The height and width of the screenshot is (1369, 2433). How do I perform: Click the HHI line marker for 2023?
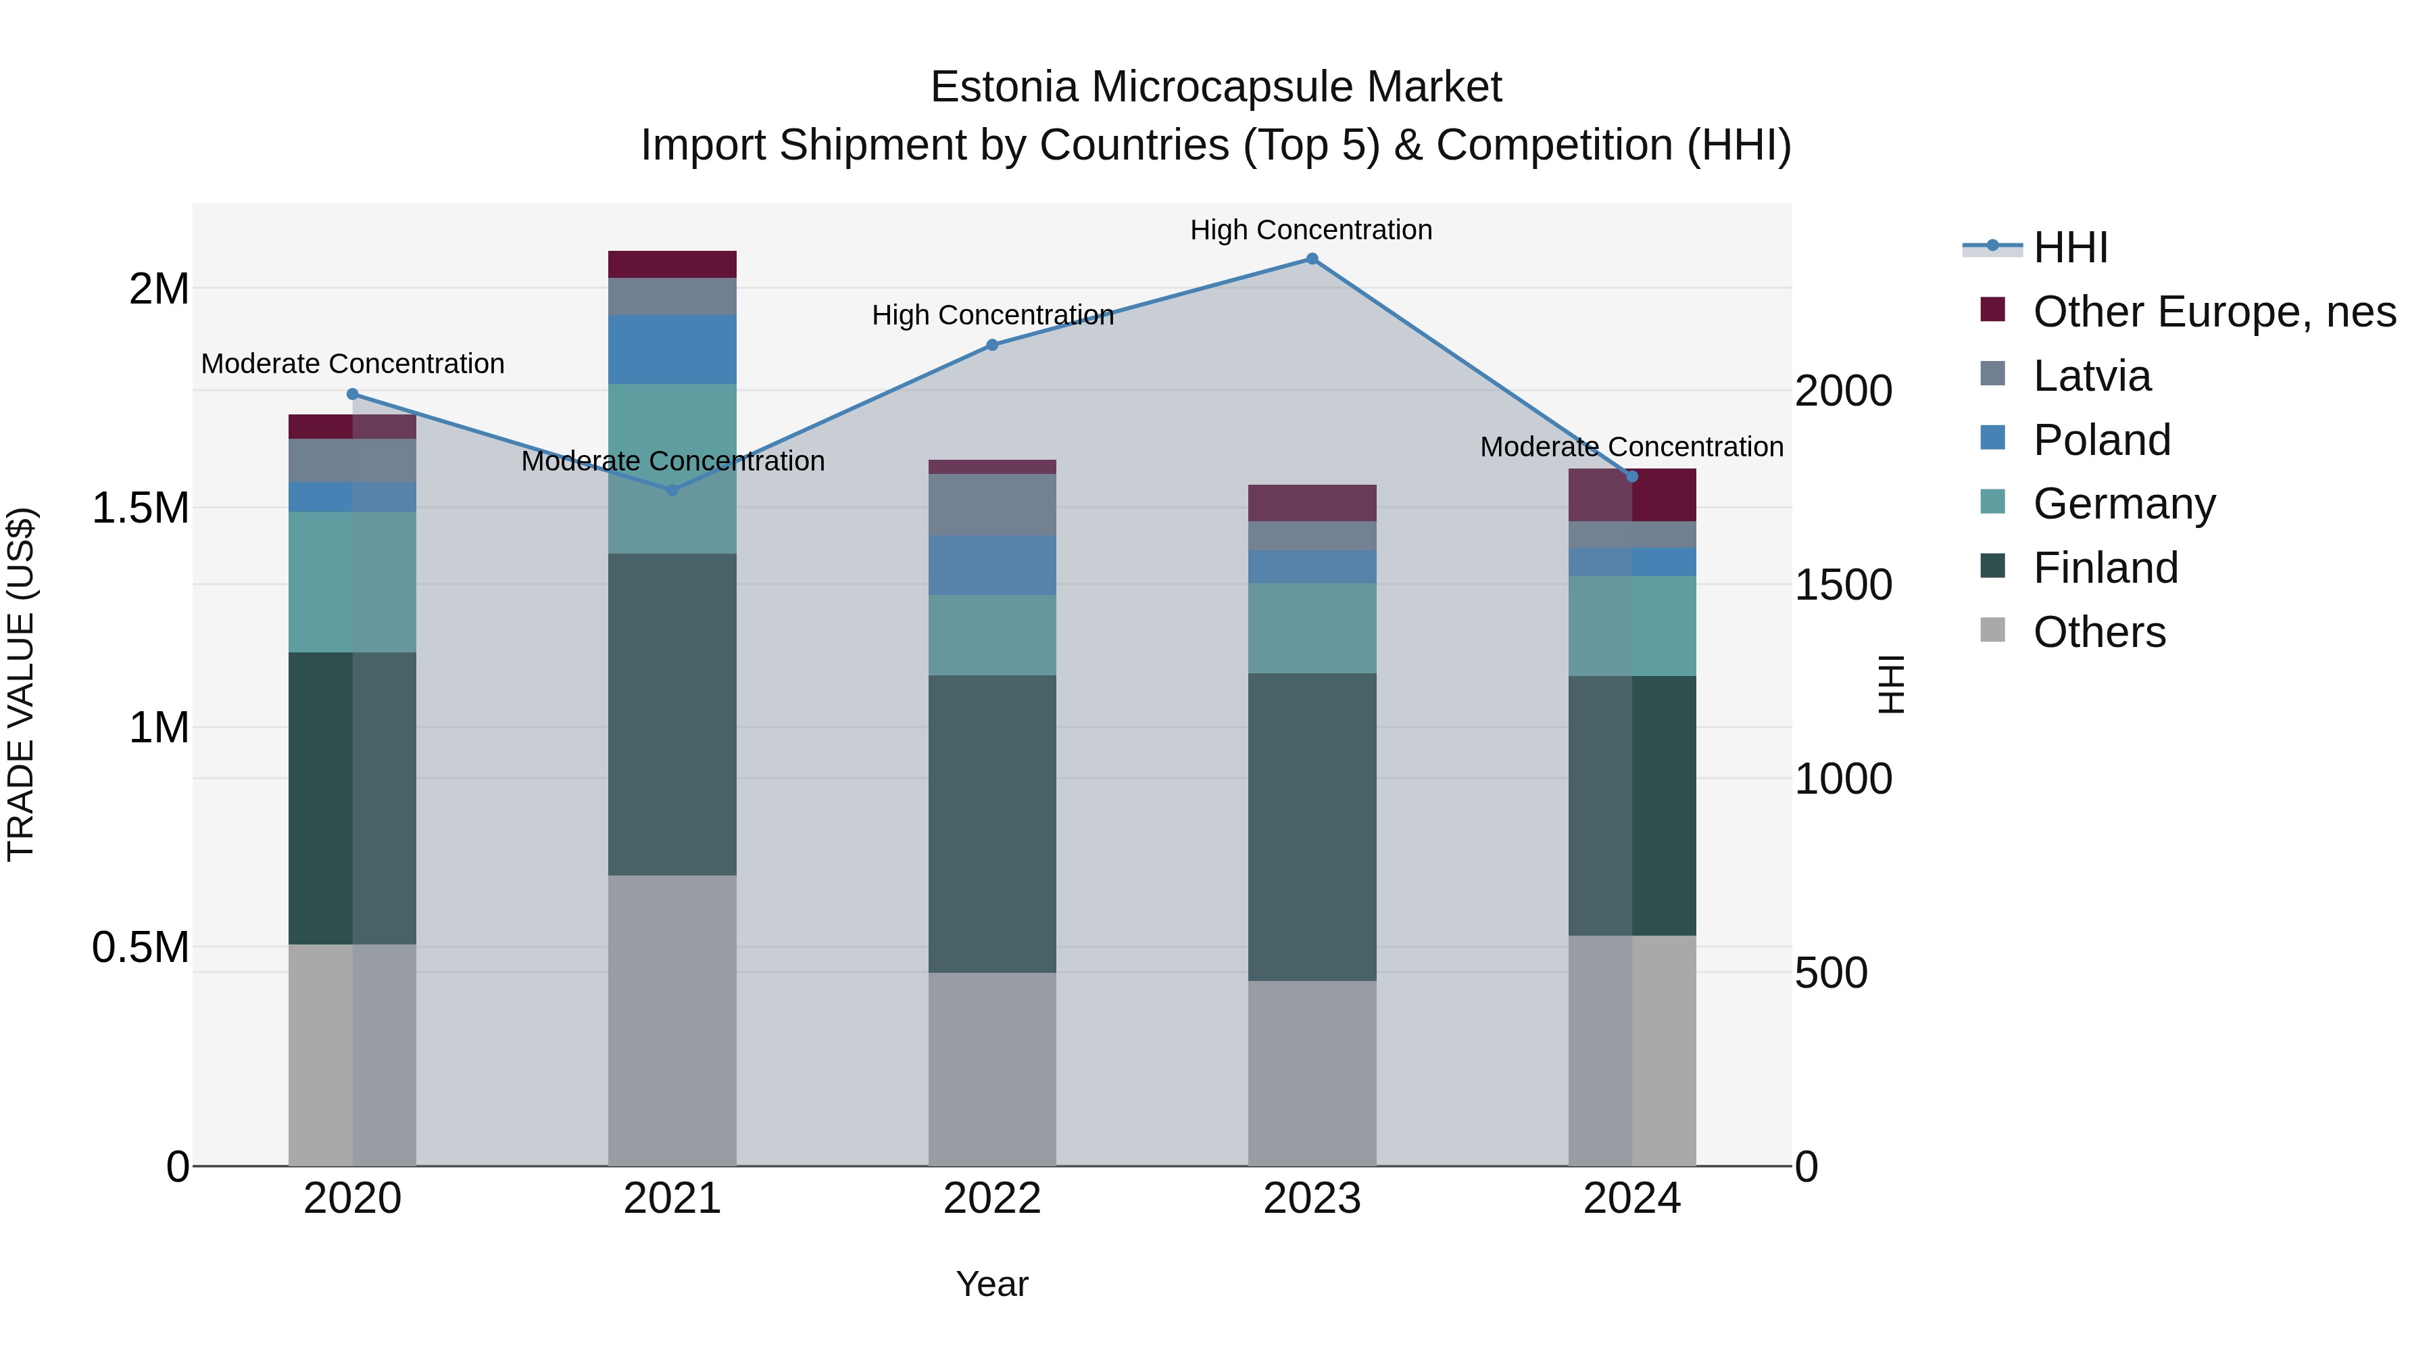[x=1312, y=259]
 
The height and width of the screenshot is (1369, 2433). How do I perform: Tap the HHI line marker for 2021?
[x=672, y=489]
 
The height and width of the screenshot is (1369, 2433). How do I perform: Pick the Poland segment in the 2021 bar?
[x=672, y=349]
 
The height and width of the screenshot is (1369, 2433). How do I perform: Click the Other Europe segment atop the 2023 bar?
[x=1312, y=502]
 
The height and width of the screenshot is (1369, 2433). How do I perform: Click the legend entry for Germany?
[x=2123, y=504]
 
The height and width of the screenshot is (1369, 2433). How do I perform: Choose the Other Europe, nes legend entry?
[x=2213, y=312]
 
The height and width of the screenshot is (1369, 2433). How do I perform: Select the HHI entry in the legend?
[x=2069, y=247]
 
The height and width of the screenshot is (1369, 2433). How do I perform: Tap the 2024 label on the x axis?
[x=1631, y=1199]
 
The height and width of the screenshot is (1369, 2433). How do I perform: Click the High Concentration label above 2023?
[x=1311, y=230]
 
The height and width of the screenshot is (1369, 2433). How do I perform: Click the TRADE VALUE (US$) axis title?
[x=21, y=684]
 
